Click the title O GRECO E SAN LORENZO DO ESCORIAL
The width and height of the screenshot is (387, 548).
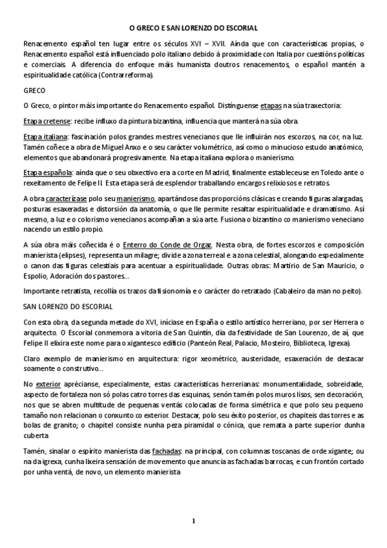click(193, 28)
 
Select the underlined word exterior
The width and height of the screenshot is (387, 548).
click(53, 383)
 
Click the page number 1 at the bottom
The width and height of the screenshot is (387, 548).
click(193, 521)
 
